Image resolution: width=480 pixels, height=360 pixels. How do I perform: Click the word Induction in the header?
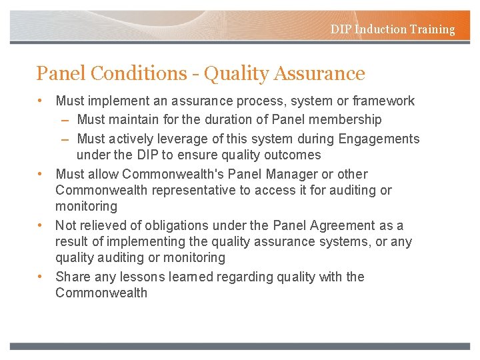[x=377, y=29]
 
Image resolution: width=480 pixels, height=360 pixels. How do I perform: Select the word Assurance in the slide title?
[x=320, y=73]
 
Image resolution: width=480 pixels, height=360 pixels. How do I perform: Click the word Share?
[x=71, y=277]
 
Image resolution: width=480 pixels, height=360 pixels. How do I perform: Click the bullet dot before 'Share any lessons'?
[x=41, y=276]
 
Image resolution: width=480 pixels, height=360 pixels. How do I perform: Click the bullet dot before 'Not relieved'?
[x=41, y=225]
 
